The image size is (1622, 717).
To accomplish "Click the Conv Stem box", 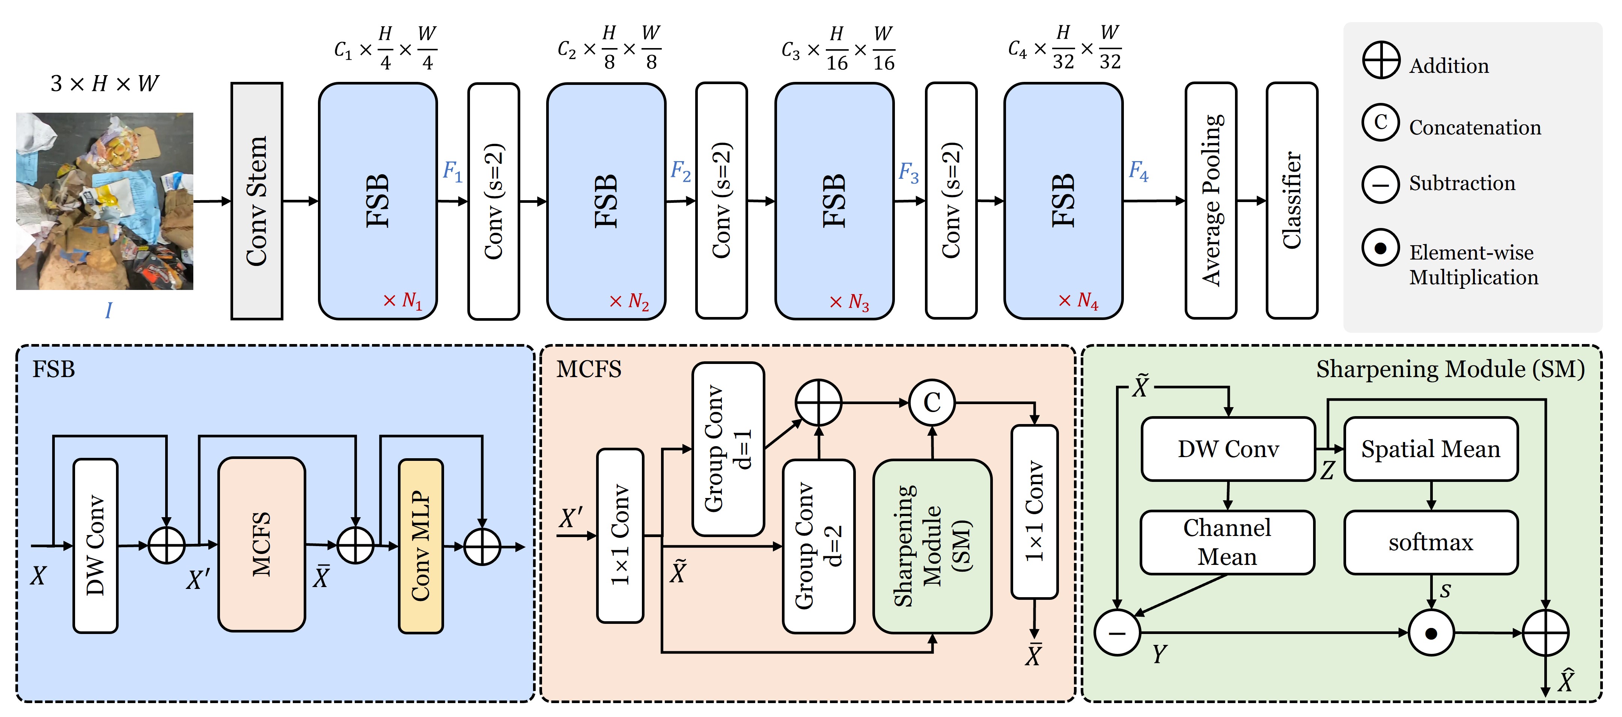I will [256, 201].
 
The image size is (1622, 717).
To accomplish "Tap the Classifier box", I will [1291, 201].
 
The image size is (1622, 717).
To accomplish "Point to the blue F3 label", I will [908, 172].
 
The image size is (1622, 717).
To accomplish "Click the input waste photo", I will [104, 201].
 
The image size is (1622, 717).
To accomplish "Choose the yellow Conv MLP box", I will [421, 546].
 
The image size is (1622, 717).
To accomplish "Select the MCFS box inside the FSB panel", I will [261, 544].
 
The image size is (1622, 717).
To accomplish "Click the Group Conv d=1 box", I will [728, 448].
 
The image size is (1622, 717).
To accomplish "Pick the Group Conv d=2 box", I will [818, 546].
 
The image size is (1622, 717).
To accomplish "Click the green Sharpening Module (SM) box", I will [932, 546].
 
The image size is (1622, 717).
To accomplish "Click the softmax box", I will [1431, 542].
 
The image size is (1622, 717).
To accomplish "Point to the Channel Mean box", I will [1227, 542].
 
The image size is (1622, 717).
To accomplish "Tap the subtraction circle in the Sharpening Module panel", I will [1117, 632].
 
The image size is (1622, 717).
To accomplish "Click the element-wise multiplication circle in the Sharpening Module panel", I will [1431, 632].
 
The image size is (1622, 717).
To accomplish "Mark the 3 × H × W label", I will [104, 83].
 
